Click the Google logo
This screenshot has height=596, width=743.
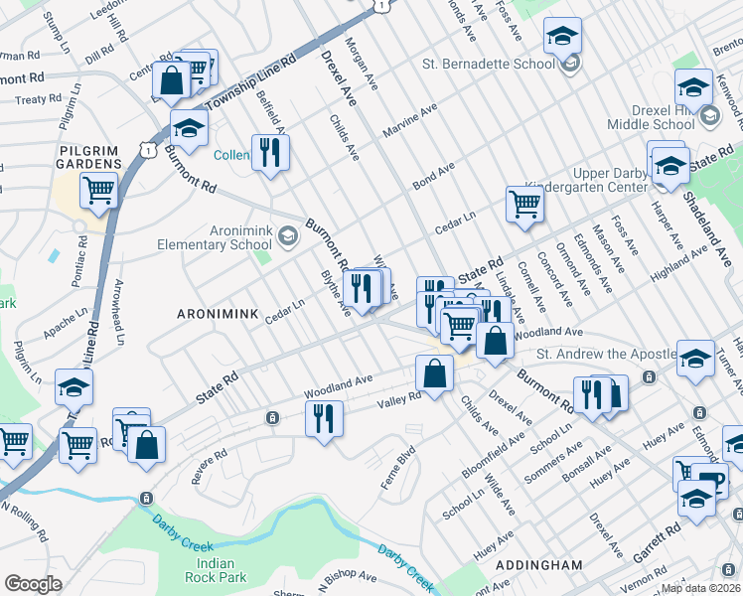pyautogui.click(x=33, y=584)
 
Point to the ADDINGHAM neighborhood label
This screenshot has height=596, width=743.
pyautogui.click(x=537, y=564)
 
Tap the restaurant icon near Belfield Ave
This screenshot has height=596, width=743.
pyautogui.click(x=270, y=152)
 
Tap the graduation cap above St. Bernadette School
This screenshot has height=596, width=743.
pyautogui.click(x=563, y=39)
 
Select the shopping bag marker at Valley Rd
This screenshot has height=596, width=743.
pyautogui.click(x=434, y=373)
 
